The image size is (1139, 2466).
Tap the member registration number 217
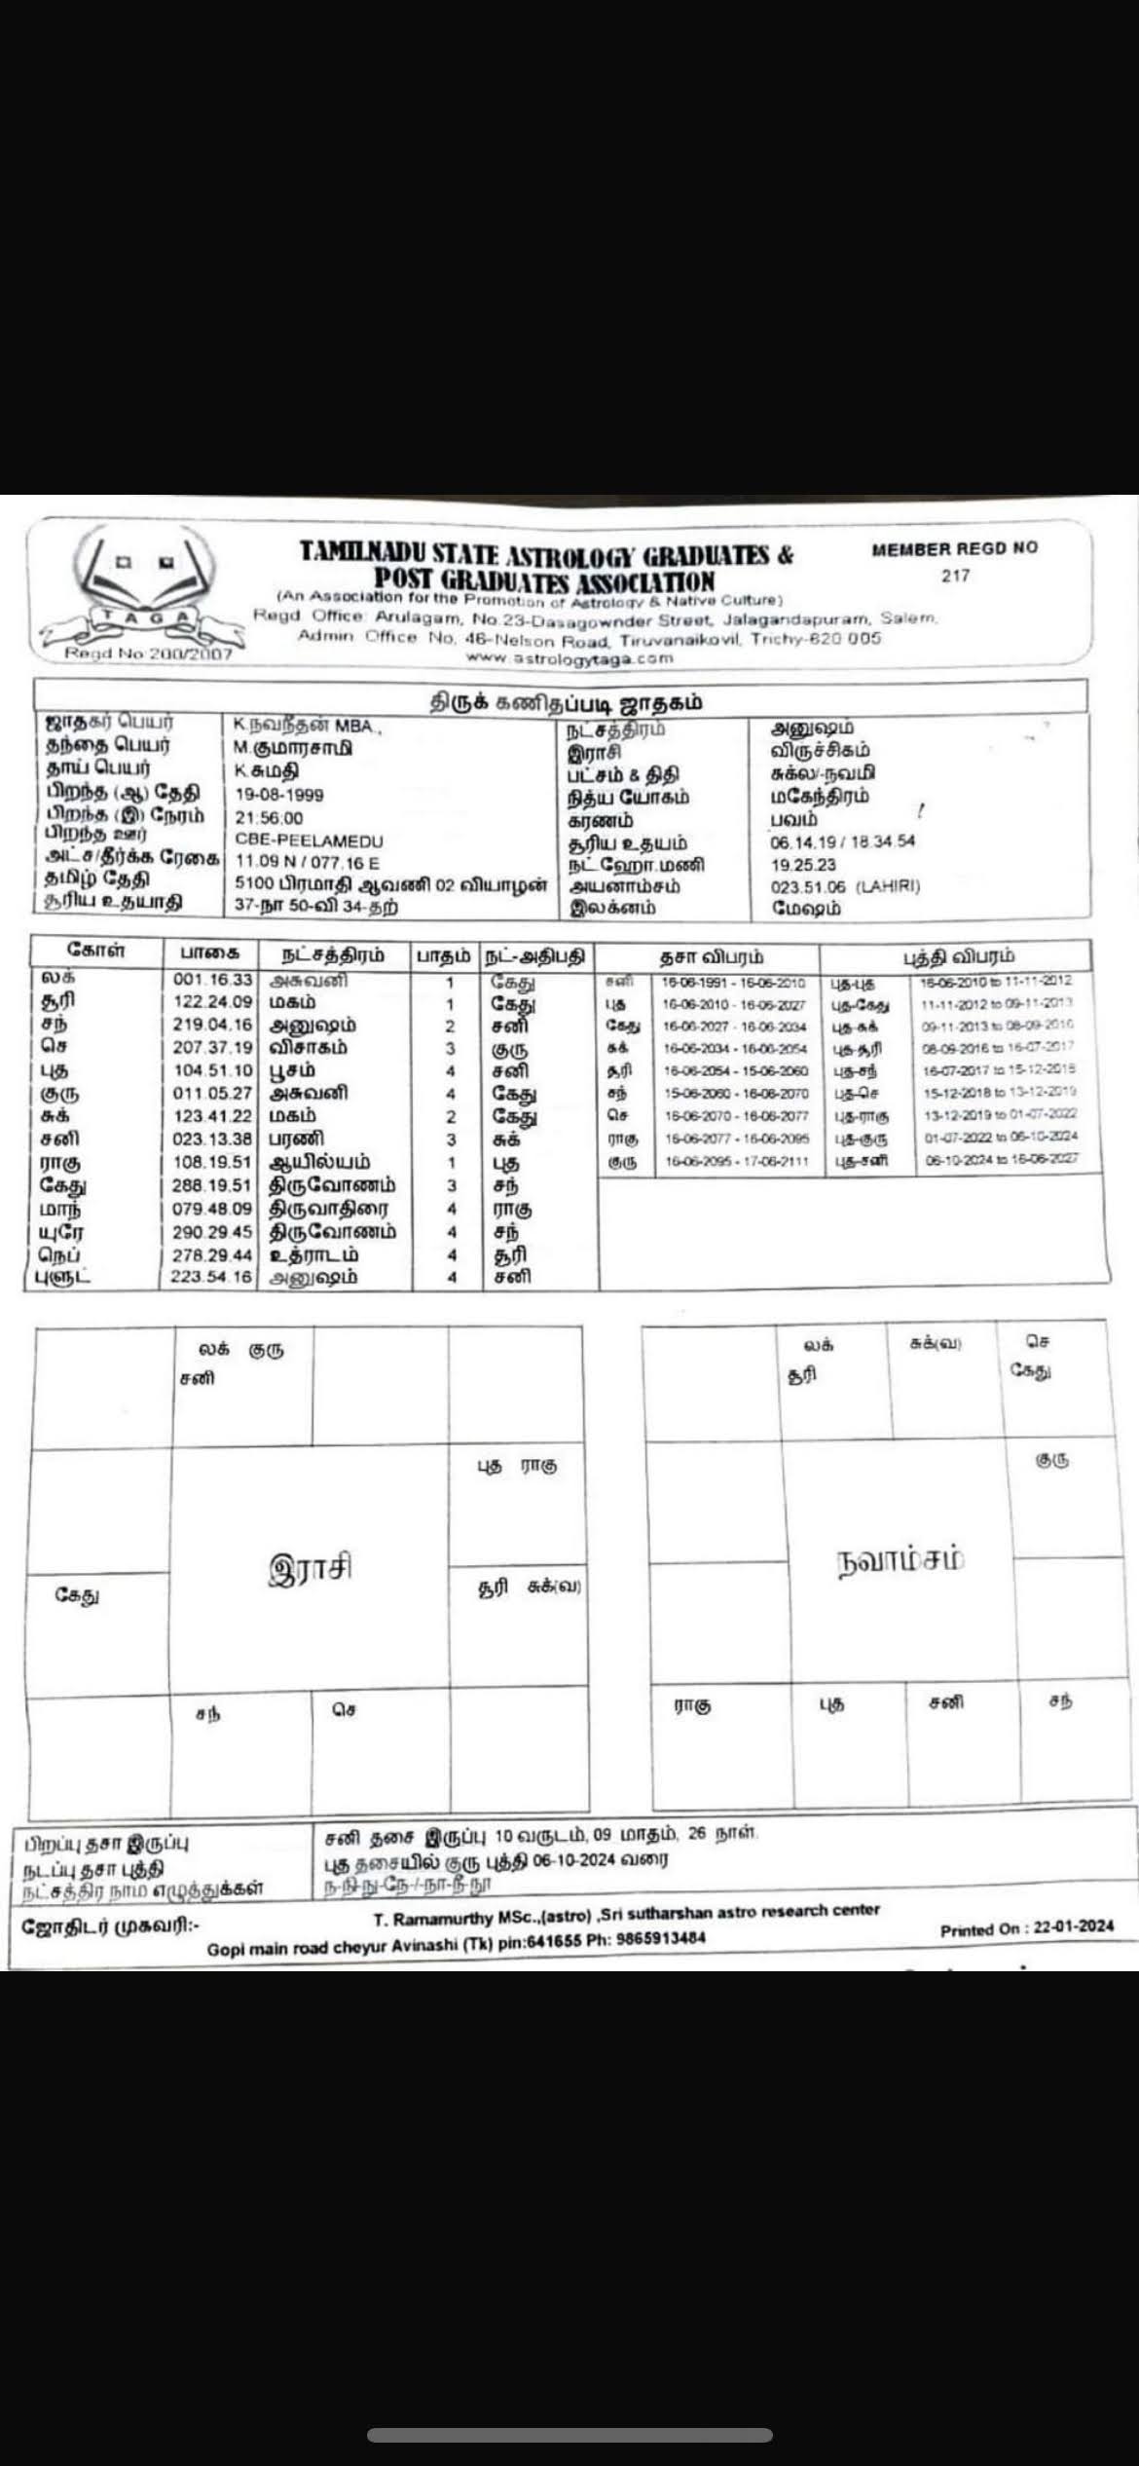[x=955, y=576]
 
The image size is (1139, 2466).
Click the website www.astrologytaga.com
[x=569, y=657]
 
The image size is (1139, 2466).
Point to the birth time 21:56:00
[x=269, y=818]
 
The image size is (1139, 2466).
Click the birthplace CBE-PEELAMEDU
[x=309, y=841]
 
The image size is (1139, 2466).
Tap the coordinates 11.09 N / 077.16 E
[x=307, y=863]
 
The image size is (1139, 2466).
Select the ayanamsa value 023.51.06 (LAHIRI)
[x=845, y=886]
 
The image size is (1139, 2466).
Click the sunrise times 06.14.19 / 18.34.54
[x=842, y=841]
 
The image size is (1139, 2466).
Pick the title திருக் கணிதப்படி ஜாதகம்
[x=567, y=703]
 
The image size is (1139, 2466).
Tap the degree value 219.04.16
[x=212, y=1026]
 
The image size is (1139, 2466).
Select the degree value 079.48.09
[x=212, y=1209]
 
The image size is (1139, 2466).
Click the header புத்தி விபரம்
[x=959, y=956]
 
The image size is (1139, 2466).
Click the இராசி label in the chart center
[x=310, y=1569]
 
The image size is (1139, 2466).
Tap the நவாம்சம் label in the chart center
[x=900, y=1560]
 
